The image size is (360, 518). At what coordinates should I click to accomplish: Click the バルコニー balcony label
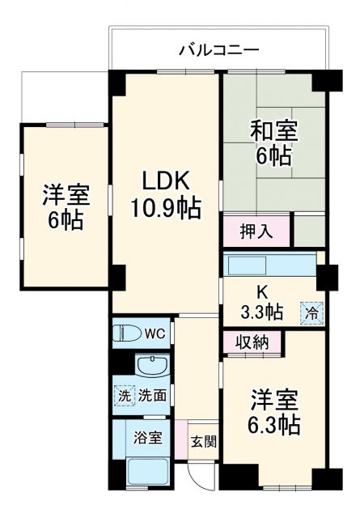(218, 50)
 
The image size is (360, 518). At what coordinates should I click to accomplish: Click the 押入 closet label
(256, 231)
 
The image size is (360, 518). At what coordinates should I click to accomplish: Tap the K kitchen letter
(262, 290)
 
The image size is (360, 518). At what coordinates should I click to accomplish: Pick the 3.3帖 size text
(262, 311)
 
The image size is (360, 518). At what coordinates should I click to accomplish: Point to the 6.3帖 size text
(273, 425)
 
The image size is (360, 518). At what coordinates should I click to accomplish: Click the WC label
(155, 333)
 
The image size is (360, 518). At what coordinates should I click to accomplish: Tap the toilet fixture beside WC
(129, 333)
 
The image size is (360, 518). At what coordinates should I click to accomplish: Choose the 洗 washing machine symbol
(123, 396)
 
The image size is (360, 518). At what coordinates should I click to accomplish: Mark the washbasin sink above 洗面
(150, 367)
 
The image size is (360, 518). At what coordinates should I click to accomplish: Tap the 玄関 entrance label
(203, 442)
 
